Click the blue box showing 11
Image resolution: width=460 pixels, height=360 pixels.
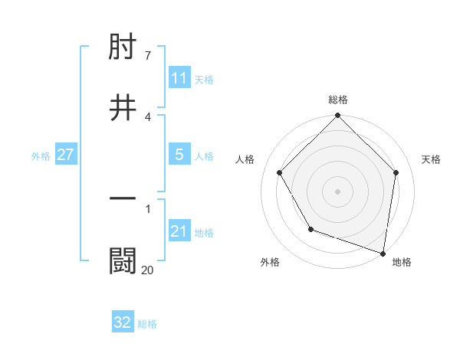point(179,78)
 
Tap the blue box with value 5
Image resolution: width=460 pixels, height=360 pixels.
point(179,155)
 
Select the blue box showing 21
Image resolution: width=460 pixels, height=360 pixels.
point(179,231)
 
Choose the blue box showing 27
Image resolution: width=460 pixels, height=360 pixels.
point(66,155)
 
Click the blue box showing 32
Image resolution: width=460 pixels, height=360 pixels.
point(123,323)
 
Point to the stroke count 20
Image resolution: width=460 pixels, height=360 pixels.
point(147,270)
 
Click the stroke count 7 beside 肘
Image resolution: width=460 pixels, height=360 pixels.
point(147,55)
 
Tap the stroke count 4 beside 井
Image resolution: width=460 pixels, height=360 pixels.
point(147,116)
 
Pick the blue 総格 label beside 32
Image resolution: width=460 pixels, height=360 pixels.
point(147,324)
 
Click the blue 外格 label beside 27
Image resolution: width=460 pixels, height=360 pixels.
point(41,155)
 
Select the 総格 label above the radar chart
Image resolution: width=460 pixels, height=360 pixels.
point(338,100)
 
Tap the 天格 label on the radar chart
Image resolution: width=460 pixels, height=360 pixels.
point(431,159)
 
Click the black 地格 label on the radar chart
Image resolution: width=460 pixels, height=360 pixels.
point(402,262)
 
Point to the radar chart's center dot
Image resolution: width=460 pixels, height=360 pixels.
point(338,191)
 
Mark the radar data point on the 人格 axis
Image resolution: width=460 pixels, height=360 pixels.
point(280,173)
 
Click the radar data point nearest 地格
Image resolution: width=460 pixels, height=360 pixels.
point(383,253)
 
